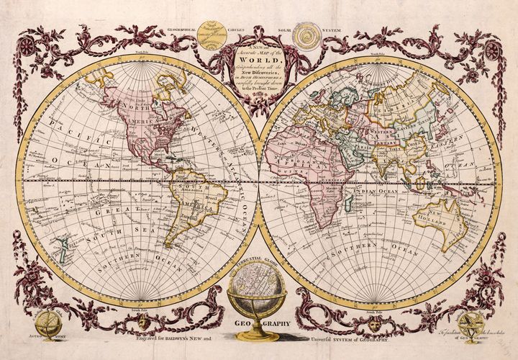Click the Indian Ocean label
[374, 192]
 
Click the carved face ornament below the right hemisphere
[374, 323]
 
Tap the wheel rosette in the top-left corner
[27, 47]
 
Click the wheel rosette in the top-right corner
[492, 50]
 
